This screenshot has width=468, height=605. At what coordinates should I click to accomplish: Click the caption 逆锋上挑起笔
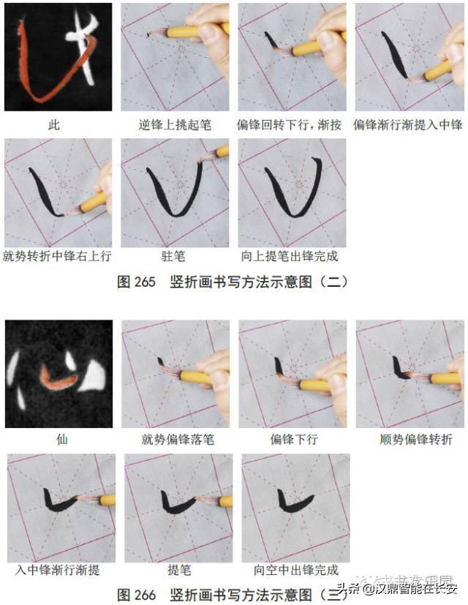tap(175, 124)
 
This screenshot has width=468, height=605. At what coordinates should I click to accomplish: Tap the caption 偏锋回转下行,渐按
tap(292, 124)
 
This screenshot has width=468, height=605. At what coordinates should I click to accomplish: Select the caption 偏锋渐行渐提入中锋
tap(408, 124)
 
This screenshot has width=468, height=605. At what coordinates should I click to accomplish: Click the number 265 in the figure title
tap(146, 282)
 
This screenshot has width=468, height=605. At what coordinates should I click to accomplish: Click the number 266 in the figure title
tap(146, 594)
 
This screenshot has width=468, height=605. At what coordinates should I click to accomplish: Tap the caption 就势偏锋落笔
tap(175, 440)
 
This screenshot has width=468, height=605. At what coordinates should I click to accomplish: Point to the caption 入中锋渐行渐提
tap(58, 569)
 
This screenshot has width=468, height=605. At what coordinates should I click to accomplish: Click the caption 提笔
tap(174, 569)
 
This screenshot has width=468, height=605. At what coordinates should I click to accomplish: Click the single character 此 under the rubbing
tap(58, 124)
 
